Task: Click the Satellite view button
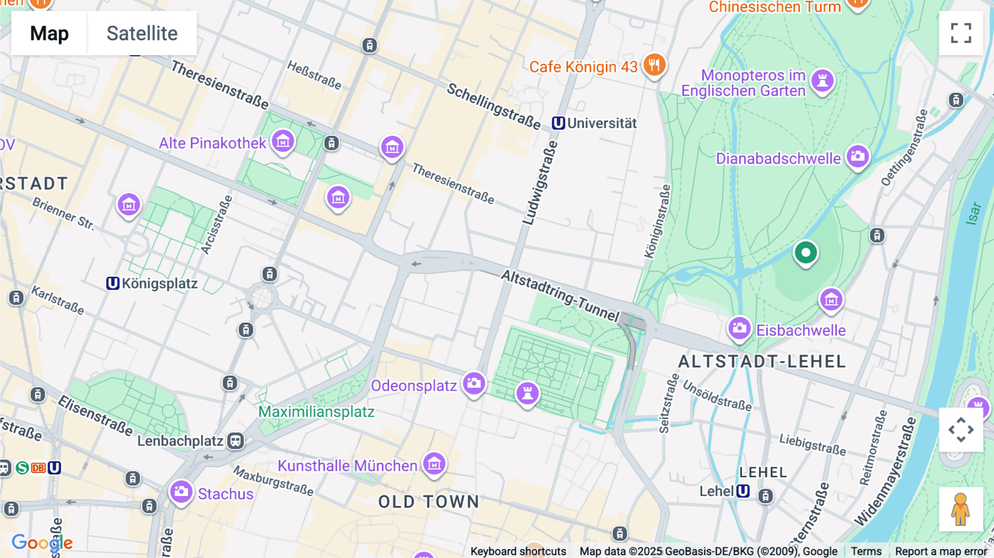coord(142,33)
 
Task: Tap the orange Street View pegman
coord(960,509)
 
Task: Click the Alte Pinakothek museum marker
coord(283,142)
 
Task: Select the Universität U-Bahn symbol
coord(558,123)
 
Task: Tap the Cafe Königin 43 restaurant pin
coord(654,65)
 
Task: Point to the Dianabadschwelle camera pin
coord(858,157)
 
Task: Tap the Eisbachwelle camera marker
coord(739,329)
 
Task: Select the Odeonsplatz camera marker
coord(474,383)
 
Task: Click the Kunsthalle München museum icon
coord(434,464)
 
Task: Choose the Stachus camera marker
coord(181,492)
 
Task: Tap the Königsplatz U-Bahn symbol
coord(113,283)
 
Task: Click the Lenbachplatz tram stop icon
coord(236,441)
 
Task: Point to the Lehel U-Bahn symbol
coord(743,491)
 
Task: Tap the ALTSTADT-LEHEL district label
coord(762,361)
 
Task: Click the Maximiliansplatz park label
coord(316,412)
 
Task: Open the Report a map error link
coord(940,551)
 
